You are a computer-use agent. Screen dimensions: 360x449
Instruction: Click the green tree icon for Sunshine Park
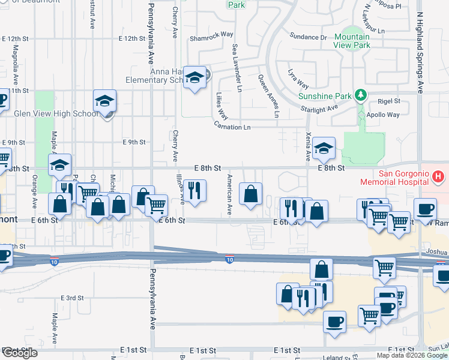coord(361,95)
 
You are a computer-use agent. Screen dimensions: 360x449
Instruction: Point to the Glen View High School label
coord(55,113)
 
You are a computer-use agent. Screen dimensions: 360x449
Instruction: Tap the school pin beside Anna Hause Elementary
coord(194,77)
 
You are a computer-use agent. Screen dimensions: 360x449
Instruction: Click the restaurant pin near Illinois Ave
coord(194,191)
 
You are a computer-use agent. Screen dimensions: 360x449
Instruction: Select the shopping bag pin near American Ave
coord(250,193)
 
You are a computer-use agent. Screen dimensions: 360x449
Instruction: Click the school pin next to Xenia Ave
coord(324,148)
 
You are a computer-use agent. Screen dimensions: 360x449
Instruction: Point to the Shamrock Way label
coord(211,34)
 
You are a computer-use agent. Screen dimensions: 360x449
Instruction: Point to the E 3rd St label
coord(71,298)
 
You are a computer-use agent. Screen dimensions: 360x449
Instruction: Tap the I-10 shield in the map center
coord(229,259)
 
